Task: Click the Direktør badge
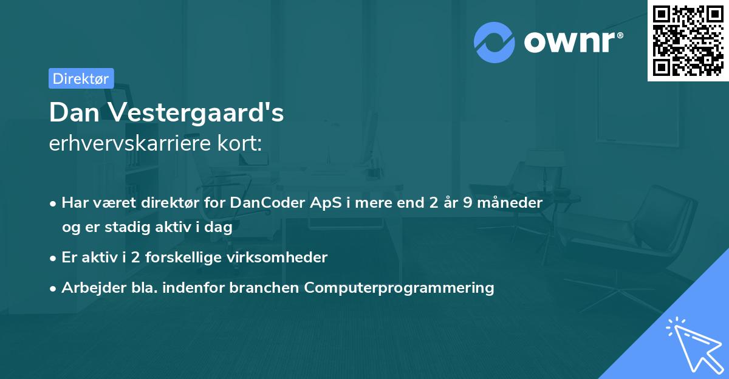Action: (x=81, y=78)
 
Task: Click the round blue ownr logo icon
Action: (x=495, y=42)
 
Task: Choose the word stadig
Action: (x=121, y=227)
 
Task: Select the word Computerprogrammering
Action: (x=399, y=288)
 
